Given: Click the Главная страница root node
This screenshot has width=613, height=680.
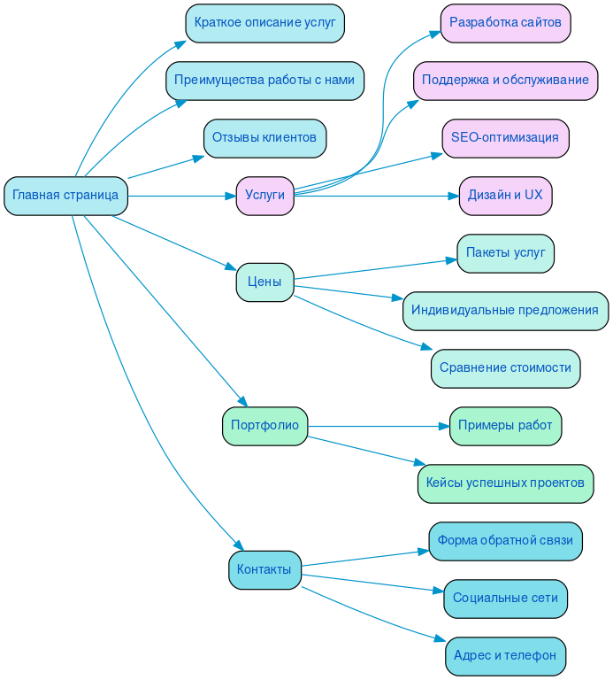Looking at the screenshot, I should [x=65, y=196].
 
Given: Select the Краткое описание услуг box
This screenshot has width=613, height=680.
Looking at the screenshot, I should [x=264, y=23].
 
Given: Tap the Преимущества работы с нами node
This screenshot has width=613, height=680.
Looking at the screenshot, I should [x=264, y=81].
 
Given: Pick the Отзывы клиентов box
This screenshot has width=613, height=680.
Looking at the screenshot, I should [x=264, y=138].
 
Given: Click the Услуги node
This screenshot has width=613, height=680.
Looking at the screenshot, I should [x=264, y=196].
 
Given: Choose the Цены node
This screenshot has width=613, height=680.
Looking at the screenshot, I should [x=264, y=282].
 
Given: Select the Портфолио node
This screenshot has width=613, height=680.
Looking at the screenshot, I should [x=264, y=426].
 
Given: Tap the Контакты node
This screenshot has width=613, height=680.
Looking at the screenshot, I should [x=264, y=570].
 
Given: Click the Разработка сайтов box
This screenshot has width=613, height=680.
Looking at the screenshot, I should [x=505, y=23].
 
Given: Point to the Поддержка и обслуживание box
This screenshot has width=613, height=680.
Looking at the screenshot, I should [x=505, y=81].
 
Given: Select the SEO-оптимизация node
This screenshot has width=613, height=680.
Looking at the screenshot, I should [x=505, y=138].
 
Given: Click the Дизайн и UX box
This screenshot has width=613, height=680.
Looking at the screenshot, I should [x=505, y=196].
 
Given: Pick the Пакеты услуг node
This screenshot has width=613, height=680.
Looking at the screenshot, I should [x=505, y=253].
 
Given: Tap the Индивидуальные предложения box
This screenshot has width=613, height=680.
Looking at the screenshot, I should [x=505, y=311].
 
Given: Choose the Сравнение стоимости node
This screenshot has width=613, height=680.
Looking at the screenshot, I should [x=505, y=368].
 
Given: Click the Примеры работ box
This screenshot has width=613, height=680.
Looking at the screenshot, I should [x=505, y=426].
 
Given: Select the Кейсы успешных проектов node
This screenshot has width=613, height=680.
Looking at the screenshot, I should [x=505, y=483].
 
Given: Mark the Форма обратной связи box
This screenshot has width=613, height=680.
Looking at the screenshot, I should [x=505, y=541].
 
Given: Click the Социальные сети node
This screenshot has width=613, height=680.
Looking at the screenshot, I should [x=505, y=599].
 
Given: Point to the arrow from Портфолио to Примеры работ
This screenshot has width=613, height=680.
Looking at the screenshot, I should [x=376, y=426].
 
